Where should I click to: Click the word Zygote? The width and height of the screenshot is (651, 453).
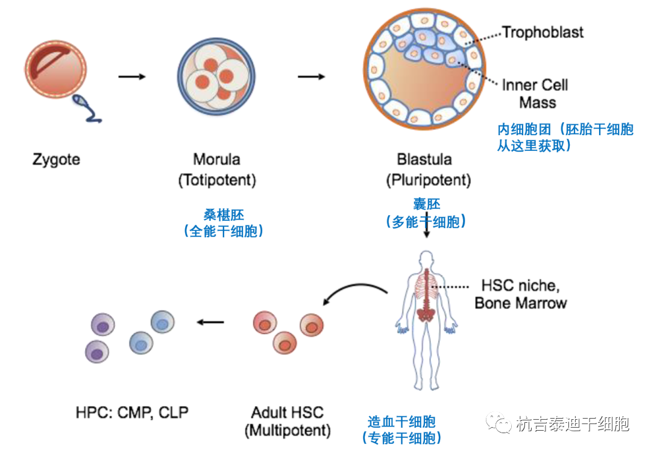56,160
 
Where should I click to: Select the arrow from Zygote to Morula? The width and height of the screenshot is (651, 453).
132,77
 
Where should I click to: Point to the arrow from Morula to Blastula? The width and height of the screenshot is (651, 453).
312,77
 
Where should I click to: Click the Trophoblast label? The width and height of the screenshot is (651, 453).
542,32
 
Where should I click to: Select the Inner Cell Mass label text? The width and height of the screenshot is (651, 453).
535,93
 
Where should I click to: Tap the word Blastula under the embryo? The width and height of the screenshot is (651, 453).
424,160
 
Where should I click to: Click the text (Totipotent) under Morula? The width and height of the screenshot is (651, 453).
217,180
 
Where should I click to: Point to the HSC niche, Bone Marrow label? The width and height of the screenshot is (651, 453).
521,294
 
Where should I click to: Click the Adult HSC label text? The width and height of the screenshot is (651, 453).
288,413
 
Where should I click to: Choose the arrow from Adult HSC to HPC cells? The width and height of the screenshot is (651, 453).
211,322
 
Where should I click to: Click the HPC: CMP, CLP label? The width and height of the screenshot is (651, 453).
132,413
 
